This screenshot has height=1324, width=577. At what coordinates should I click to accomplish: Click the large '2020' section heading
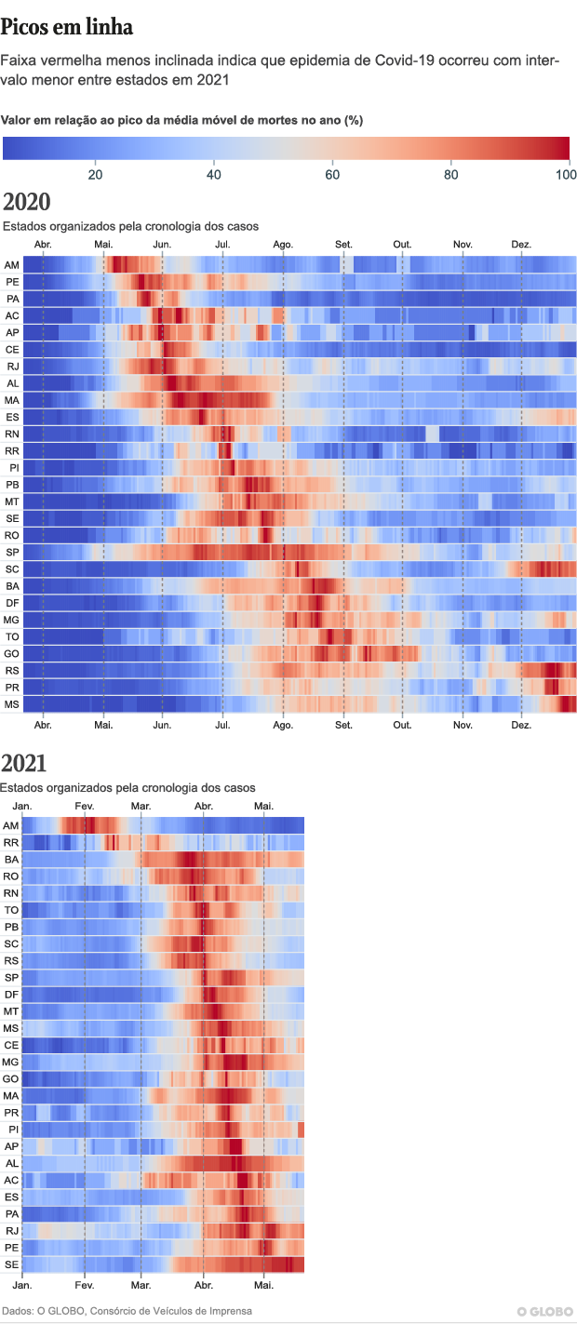(x=27, y=203)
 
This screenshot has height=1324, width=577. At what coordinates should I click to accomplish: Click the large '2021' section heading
(x=24, y=764)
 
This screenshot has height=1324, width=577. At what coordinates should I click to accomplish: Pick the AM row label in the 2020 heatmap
(x=12, y=265)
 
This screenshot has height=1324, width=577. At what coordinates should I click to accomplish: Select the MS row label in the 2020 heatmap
(x=12, y=704)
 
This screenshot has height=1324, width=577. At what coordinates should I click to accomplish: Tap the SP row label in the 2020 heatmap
(x=12, y=553)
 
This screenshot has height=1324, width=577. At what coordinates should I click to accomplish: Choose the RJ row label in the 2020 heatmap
(x=12, y=367)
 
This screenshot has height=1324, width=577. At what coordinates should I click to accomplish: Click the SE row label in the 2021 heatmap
(x=11, y=1264)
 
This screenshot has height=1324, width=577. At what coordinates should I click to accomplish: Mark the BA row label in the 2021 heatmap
(x=11, y=859)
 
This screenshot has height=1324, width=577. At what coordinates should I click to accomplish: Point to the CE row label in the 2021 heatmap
(x=11, y=1045)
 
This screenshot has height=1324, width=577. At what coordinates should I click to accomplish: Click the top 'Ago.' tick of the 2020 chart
(x=284, y=244)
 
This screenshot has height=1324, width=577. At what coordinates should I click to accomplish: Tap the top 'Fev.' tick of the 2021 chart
(x=84, y=805)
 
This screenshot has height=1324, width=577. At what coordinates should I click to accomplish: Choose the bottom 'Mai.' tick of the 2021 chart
(x=264, y=1285)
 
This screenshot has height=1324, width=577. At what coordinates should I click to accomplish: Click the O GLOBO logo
(x=545, y=1312)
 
